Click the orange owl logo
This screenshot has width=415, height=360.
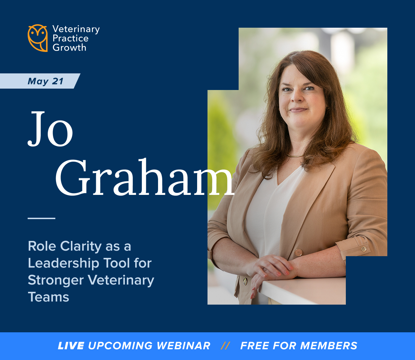38,38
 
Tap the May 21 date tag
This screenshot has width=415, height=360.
40,81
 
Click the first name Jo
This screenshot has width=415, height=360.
50,129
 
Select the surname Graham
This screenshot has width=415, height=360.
145,177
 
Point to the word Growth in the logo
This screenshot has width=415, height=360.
70,48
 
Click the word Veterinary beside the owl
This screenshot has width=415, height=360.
76,29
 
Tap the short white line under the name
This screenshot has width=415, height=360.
41,218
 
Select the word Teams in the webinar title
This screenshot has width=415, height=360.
48,297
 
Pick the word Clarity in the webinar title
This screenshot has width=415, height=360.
81,246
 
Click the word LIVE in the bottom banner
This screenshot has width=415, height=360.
71,345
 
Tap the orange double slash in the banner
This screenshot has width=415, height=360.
225,345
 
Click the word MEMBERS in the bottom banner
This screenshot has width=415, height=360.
329,345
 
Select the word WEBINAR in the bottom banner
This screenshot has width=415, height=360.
183,345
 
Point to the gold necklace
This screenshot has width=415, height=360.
295,155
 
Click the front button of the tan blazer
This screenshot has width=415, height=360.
298,252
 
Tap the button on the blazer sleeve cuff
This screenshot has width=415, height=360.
363,249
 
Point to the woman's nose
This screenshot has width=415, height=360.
296,97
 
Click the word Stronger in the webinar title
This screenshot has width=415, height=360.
56,280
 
